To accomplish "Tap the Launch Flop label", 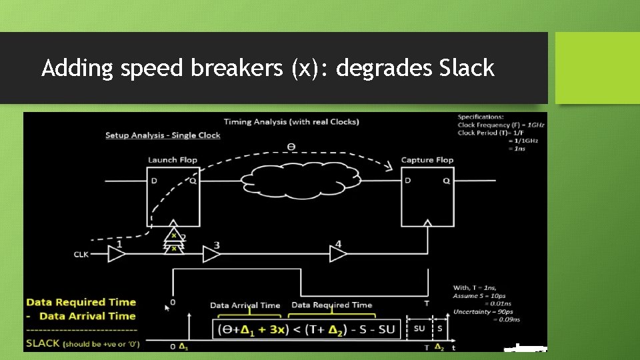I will pyautogui.click(x=173, y=160).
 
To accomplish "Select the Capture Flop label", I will pyautogui.click(x=427, y=160).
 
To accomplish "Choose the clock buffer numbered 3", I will pyautogui.click(x=211, y=253).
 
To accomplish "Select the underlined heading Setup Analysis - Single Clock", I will pyautogui.click(x=163, y=135).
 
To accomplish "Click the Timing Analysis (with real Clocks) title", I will pyautogui.click(x=291, y=121).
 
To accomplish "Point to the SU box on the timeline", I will pyautogui.click(x=419, y=329).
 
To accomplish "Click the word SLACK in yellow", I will pyautogui.click(x=43, y=343).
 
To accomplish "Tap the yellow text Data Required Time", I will pyautogui.click(x=81, y=303).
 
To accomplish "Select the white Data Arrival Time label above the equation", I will pyautogui.click(x=245, y=305).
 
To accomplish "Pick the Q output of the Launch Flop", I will pyautogui.click(x=192, y=180).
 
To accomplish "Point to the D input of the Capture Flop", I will pyautogui.click(x=408, y=180).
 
